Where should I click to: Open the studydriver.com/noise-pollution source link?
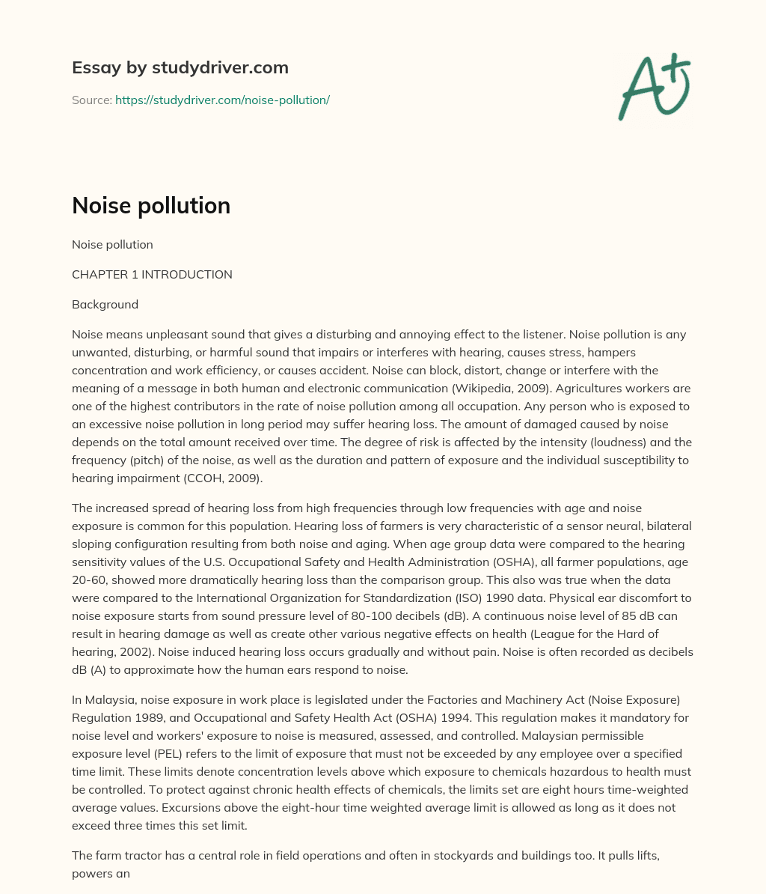[x=222, y=100]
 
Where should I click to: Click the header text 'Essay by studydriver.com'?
[x=180, y=67]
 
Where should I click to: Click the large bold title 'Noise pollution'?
[x=150, y=205]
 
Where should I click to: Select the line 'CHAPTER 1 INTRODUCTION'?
[x=152, y=275]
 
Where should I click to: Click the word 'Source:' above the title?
[x=91, y=100]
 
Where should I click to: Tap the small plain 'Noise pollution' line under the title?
[x=112, y=245]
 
